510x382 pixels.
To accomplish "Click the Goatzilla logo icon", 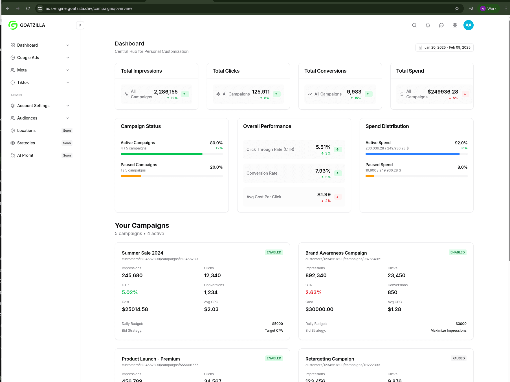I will click(13, 25).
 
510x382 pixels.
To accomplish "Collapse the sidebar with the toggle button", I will click(80, 25).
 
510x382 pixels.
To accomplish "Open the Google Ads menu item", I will click(28, 58).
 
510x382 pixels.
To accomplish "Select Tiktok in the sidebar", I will click(23, 83).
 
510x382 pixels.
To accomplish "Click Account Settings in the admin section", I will click(33, 106).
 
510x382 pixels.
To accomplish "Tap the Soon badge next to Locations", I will click(67, 131).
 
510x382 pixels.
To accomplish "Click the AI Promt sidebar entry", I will click(25, 155).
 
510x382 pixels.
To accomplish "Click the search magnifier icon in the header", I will click(414, 25).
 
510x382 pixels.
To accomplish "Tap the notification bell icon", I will click(428, 25).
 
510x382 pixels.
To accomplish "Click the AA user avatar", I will click(469, 25).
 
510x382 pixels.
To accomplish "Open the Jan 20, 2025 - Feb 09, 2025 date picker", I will click(445, 47).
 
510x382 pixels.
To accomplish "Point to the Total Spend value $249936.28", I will click(443, 92).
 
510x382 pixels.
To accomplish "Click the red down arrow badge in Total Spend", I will click(465, 94).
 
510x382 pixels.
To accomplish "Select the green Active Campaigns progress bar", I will click(161, 154).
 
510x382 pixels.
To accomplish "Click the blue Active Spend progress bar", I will click(412, 154).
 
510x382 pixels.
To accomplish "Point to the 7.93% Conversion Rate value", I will click(323, 171).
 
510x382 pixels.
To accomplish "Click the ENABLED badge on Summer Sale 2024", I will click(274, 252).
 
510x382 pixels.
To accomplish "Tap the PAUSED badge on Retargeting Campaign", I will click(458, 358).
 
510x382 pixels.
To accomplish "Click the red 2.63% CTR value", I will click(313, 292).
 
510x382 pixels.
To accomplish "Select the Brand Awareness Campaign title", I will click(336, 253).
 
